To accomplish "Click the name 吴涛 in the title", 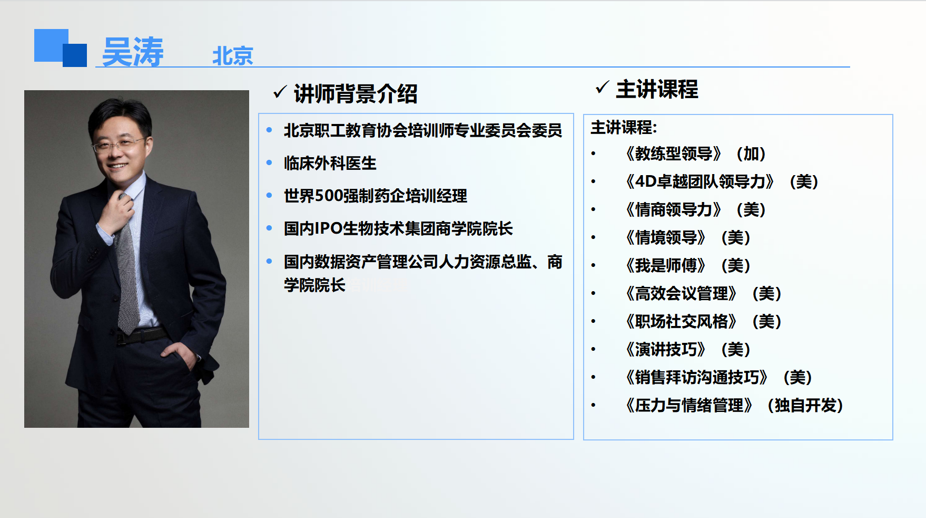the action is [x=133, y=52].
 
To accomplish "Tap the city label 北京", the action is [x=233, y=56].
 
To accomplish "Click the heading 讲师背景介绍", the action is [x=356, y=94].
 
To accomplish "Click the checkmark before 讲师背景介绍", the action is [x=280, y=92].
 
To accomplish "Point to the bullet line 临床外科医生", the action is [x=330, y=164].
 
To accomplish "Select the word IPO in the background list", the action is [x=329, y=229].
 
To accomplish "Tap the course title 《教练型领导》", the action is [x=673, y=154].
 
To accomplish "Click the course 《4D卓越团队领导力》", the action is [x=700, y=182].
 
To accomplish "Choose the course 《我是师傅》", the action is [x=665, y=266].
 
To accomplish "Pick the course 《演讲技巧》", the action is [x=665, y=350].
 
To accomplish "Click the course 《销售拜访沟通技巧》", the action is [x=696, y=378].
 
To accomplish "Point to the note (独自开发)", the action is [x=805, y=406].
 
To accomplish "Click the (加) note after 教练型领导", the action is [x=751, y=154].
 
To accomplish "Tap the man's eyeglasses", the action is [x=119, y=143].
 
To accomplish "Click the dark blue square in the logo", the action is [x=75, y=55].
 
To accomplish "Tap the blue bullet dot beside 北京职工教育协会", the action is [x=269, y=130].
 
